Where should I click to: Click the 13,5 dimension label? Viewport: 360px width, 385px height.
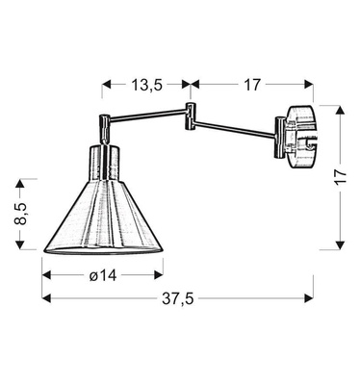(147, 85)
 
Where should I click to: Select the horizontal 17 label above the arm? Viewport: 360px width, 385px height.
(252, 85)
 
